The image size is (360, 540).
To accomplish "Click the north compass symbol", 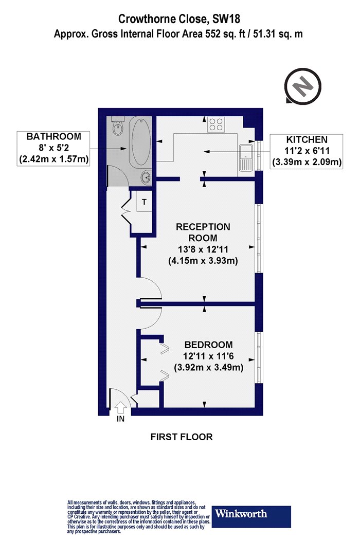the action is tap(302, 85).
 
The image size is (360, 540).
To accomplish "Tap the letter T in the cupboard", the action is tap(145, 202).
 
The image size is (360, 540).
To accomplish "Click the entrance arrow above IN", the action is tap(120, 407).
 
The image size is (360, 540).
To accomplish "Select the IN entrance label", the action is tap(120, 419).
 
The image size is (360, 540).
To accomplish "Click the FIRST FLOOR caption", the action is tap(182, 437).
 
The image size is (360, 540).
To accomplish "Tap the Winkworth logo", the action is tap(251, 516).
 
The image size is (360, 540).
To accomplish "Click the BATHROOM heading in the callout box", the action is tap(53, 136).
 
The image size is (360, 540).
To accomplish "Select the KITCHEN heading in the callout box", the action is tap(307, 139).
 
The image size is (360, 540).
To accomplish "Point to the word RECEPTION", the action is tap(203, 227).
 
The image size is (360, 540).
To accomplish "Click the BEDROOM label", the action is tap(208, 345).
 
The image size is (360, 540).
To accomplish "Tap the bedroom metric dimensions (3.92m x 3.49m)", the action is tap(209, 368).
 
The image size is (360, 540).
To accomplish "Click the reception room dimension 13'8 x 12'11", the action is tap(203, 249).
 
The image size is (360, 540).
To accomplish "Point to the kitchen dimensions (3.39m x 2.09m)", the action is tap(307, 161).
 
